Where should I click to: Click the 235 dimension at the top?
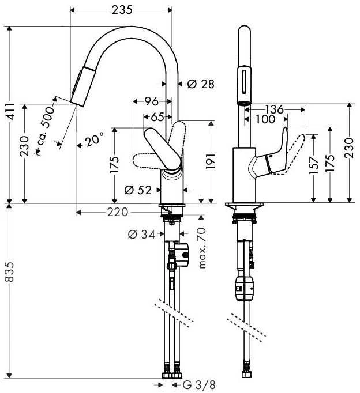pyautogui.click(x=122, y=10)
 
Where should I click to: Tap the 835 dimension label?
pyautogui.click(x=10, y=272)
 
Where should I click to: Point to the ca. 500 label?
pyautogui.click(x=45, y=127)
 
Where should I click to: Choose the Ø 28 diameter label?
pyautogui.click(x=201, y=84)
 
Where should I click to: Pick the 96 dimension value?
pyautogui.click(x=152, y=101)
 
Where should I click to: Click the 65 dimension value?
pyautogui.click(x=157, y=117)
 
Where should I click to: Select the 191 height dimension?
pyautogui.click(x=210, y=161)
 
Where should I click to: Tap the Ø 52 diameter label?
pyautogui.click(x=138, y=190)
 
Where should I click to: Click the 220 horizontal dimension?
pyautogui.click(x=118, y=213)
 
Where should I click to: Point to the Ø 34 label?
pyautogui.click(x=141, y=235)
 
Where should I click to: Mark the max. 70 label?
pyautogui.click(x=202, y=248)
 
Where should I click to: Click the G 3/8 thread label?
pyautogui.click(x=198, y=385)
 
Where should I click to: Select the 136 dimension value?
pyautogui.click(x=275, y=109)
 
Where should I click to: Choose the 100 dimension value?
pyautogui.click(x=265, y=119)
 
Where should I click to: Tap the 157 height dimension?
pyautogui.click(x=314, y=165)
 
